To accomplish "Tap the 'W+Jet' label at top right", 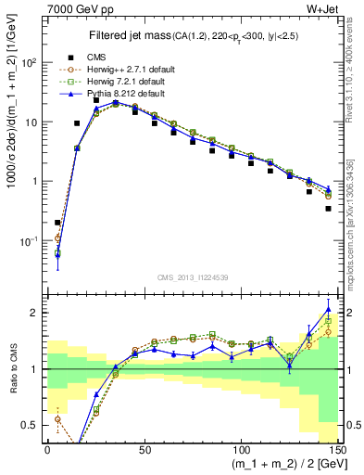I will [x=328, y=8].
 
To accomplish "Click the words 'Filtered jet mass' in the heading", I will [x=131, y=36].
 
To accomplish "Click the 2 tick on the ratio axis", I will [x=34, y=313].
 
